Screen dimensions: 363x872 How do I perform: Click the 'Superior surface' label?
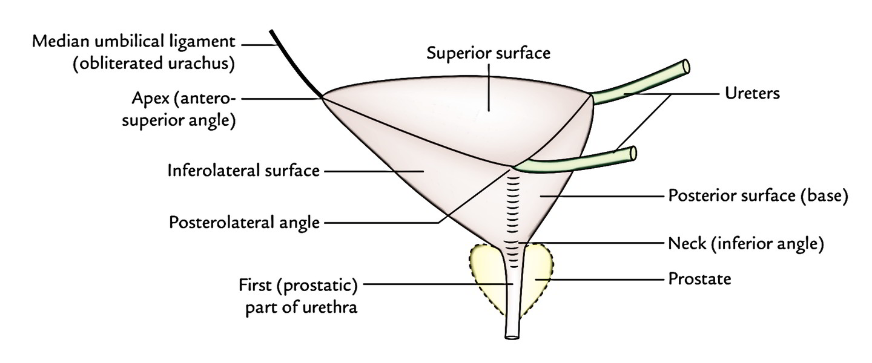pyautogui.click(x=488, y=53)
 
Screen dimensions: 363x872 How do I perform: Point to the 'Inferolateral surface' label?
pyautogui.click(x=243, y=171)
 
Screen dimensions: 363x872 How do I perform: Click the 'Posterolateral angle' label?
pyautogui.click(x=244, y=223)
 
